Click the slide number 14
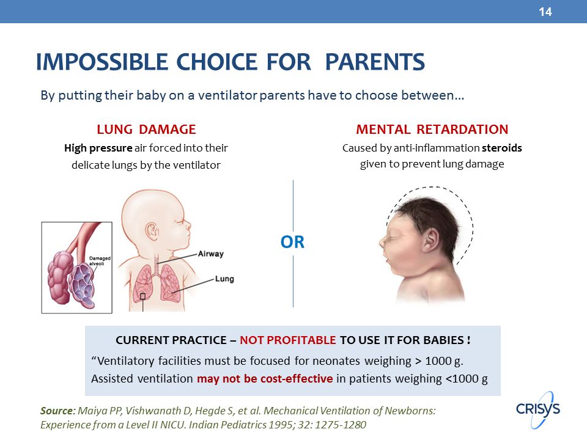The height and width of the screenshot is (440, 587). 545,12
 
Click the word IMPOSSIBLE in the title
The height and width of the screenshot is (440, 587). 102,62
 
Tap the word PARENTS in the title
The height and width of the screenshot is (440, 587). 375,62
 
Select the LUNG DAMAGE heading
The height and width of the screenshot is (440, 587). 146,130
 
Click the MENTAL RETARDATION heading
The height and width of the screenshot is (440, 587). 432,130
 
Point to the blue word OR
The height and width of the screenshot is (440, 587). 292,242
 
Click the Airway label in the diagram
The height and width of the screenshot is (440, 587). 211,254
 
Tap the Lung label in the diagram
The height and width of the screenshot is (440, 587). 224,279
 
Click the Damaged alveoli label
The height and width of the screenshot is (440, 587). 100,261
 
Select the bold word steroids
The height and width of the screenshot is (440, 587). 501,148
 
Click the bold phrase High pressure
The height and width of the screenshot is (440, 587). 98,148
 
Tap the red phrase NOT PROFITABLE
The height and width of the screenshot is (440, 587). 288,340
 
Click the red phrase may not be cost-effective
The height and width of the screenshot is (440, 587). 265,379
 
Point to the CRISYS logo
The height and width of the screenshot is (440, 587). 538,409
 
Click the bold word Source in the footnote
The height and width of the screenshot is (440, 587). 57,411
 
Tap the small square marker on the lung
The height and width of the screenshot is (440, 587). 142,296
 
